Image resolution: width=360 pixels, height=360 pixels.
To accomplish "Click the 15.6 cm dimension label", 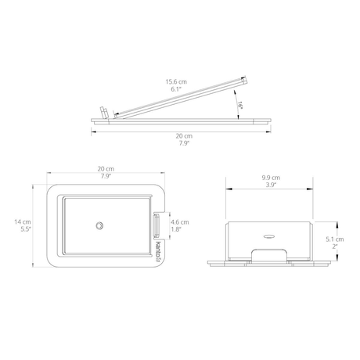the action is (176, 81).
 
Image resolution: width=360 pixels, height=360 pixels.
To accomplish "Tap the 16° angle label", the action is (240, 106).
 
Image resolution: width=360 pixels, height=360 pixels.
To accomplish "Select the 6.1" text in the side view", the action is (176, 89).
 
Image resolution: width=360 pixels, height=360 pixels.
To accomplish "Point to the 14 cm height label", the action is (23, 222).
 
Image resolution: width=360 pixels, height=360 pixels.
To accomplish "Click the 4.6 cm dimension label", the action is (180, 222).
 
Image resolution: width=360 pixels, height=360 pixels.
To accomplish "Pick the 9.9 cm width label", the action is (271, 178).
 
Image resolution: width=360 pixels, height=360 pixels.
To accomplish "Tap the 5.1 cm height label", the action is (335, 239).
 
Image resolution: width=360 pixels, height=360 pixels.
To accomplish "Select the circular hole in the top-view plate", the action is (99, 225).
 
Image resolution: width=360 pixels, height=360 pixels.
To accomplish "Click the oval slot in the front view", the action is (269, 236).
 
